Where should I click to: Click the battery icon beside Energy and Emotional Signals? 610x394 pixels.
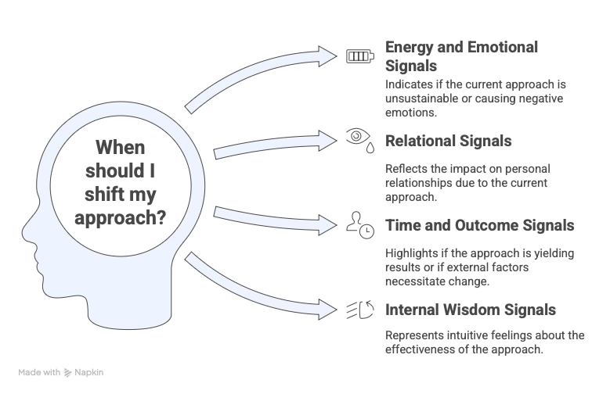361,56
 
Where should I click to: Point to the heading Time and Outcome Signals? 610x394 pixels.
480,226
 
